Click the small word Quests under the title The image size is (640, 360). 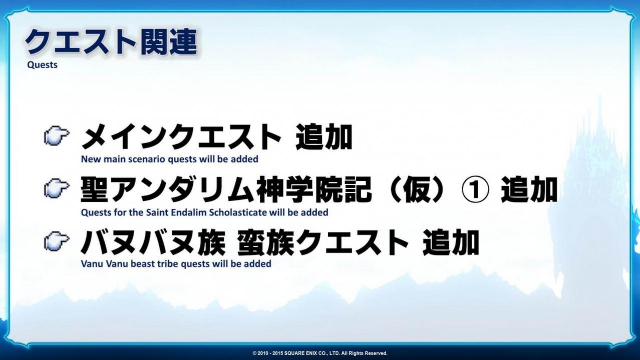42,65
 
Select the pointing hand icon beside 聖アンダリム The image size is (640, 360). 57,188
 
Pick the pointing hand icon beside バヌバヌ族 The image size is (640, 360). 57,241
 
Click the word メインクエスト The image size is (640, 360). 181,137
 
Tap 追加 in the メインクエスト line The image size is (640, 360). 324,137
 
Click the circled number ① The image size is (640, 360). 475,190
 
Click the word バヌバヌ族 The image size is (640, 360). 153,242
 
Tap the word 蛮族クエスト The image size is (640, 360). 323,242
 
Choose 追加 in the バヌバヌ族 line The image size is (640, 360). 451,242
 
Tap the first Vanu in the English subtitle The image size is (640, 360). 92,264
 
